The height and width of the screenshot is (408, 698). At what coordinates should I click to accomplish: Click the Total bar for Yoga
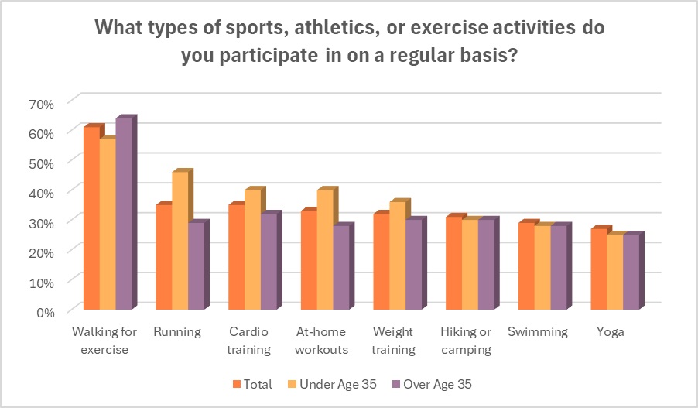point(598,270)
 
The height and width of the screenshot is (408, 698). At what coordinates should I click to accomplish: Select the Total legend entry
point(252,384)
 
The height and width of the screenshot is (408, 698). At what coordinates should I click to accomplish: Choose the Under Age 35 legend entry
point(334,384)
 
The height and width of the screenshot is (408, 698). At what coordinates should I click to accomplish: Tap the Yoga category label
point(611,332)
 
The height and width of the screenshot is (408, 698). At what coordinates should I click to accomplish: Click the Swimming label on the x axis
point(537,332)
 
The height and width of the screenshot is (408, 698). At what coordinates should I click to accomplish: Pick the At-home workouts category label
point(322,341)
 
